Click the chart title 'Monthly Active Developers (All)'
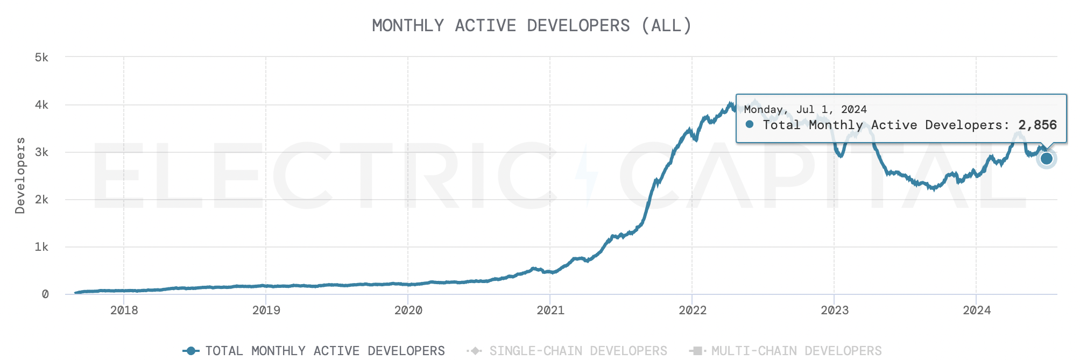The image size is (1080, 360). (x=532, y=25)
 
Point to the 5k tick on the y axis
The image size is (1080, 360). (x=41, y=57)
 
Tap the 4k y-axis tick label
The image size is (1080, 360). (x=41, y=104)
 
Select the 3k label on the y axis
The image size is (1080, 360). (x=41, y=152)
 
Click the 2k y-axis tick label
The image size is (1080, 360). (x=41, y=199)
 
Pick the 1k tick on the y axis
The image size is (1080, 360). (x=41, y=246)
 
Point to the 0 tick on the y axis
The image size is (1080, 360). (x=45, y=294)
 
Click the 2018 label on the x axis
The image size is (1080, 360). (x=124, y=310)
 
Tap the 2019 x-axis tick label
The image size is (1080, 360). (x=266, y=310)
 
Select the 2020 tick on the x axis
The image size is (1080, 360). (x=408, y=310)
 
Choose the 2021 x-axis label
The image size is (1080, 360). (x=550, y=310)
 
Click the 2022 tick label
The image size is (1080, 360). (x=692, y=310)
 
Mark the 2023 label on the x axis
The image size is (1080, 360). (x=834, y=310)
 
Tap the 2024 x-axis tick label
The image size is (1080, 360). (x=976, y=310)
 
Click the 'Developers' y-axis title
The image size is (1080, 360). (x=20, y=175)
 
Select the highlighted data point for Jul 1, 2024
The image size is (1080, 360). (x=1046, y=158)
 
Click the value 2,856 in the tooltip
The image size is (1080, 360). (x=1037, y=125)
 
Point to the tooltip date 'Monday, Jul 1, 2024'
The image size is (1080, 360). (x=805, y=109)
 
